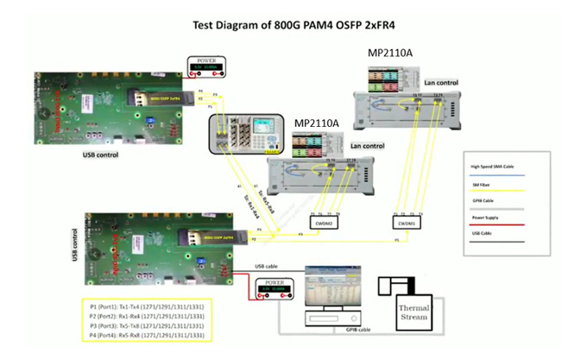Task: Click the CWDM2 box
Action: click(325, 223)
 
